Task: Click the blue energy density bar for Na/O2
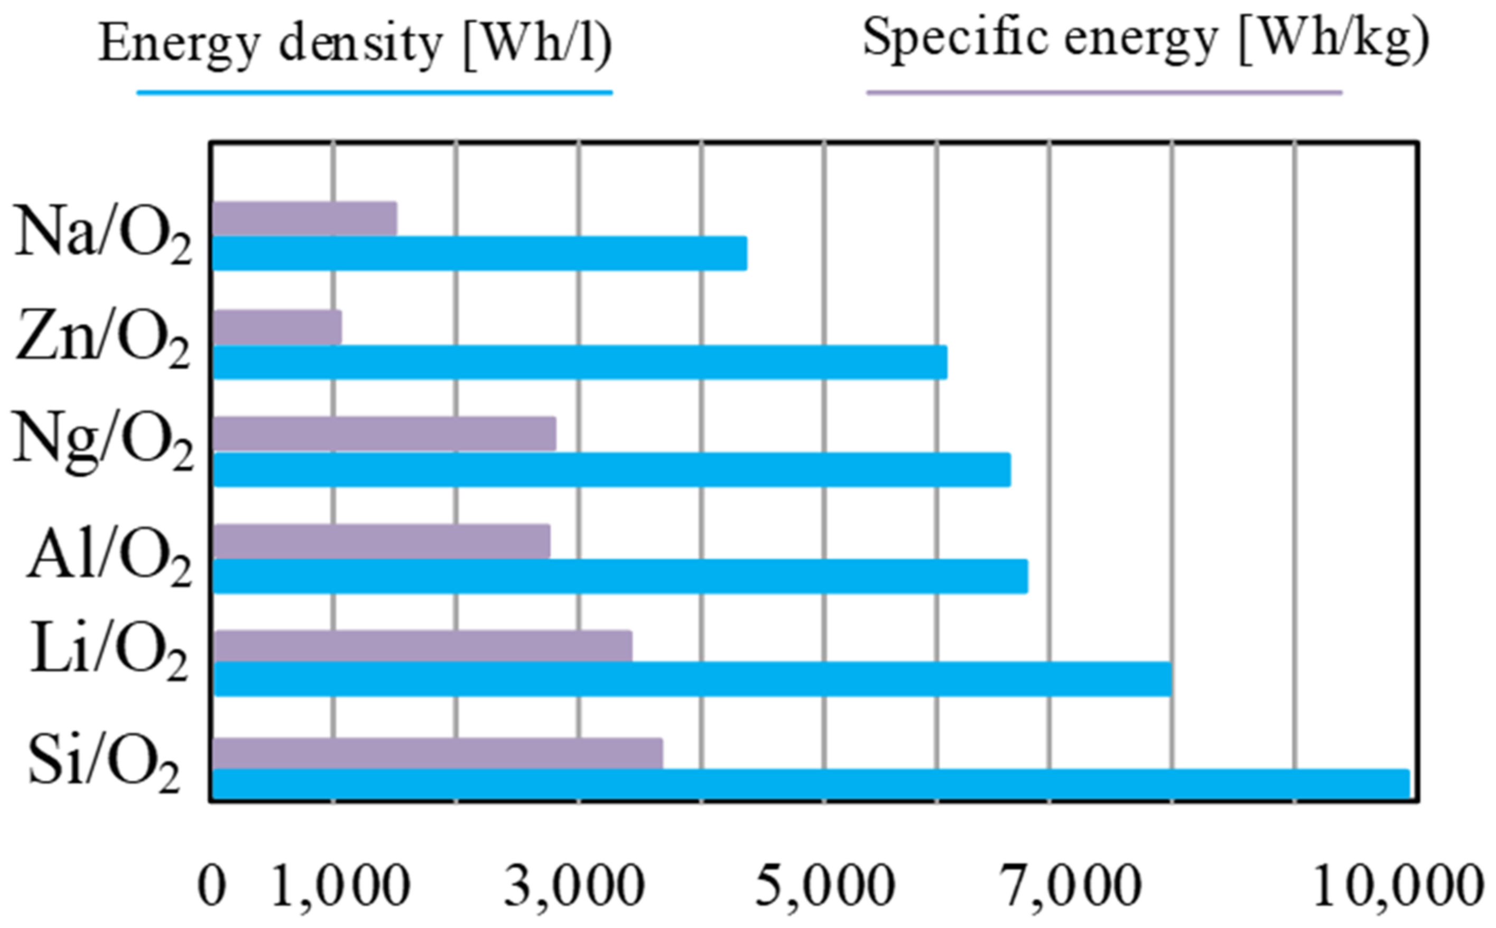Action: tap(479, 253)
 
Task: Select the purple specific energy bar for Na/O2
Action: tap(304, 218)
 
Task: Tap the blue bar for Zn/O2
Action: tap(580, 362)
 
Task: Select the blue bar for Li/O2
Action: tap(692, 679)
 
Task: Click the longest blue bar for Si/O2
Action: tap(810, 784)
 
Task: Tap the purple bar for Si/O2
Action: tap(438, 753)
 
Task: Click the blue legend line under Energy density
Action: tap(374, 92)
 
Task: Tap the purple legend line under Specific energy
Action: tap(1103, 92)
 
